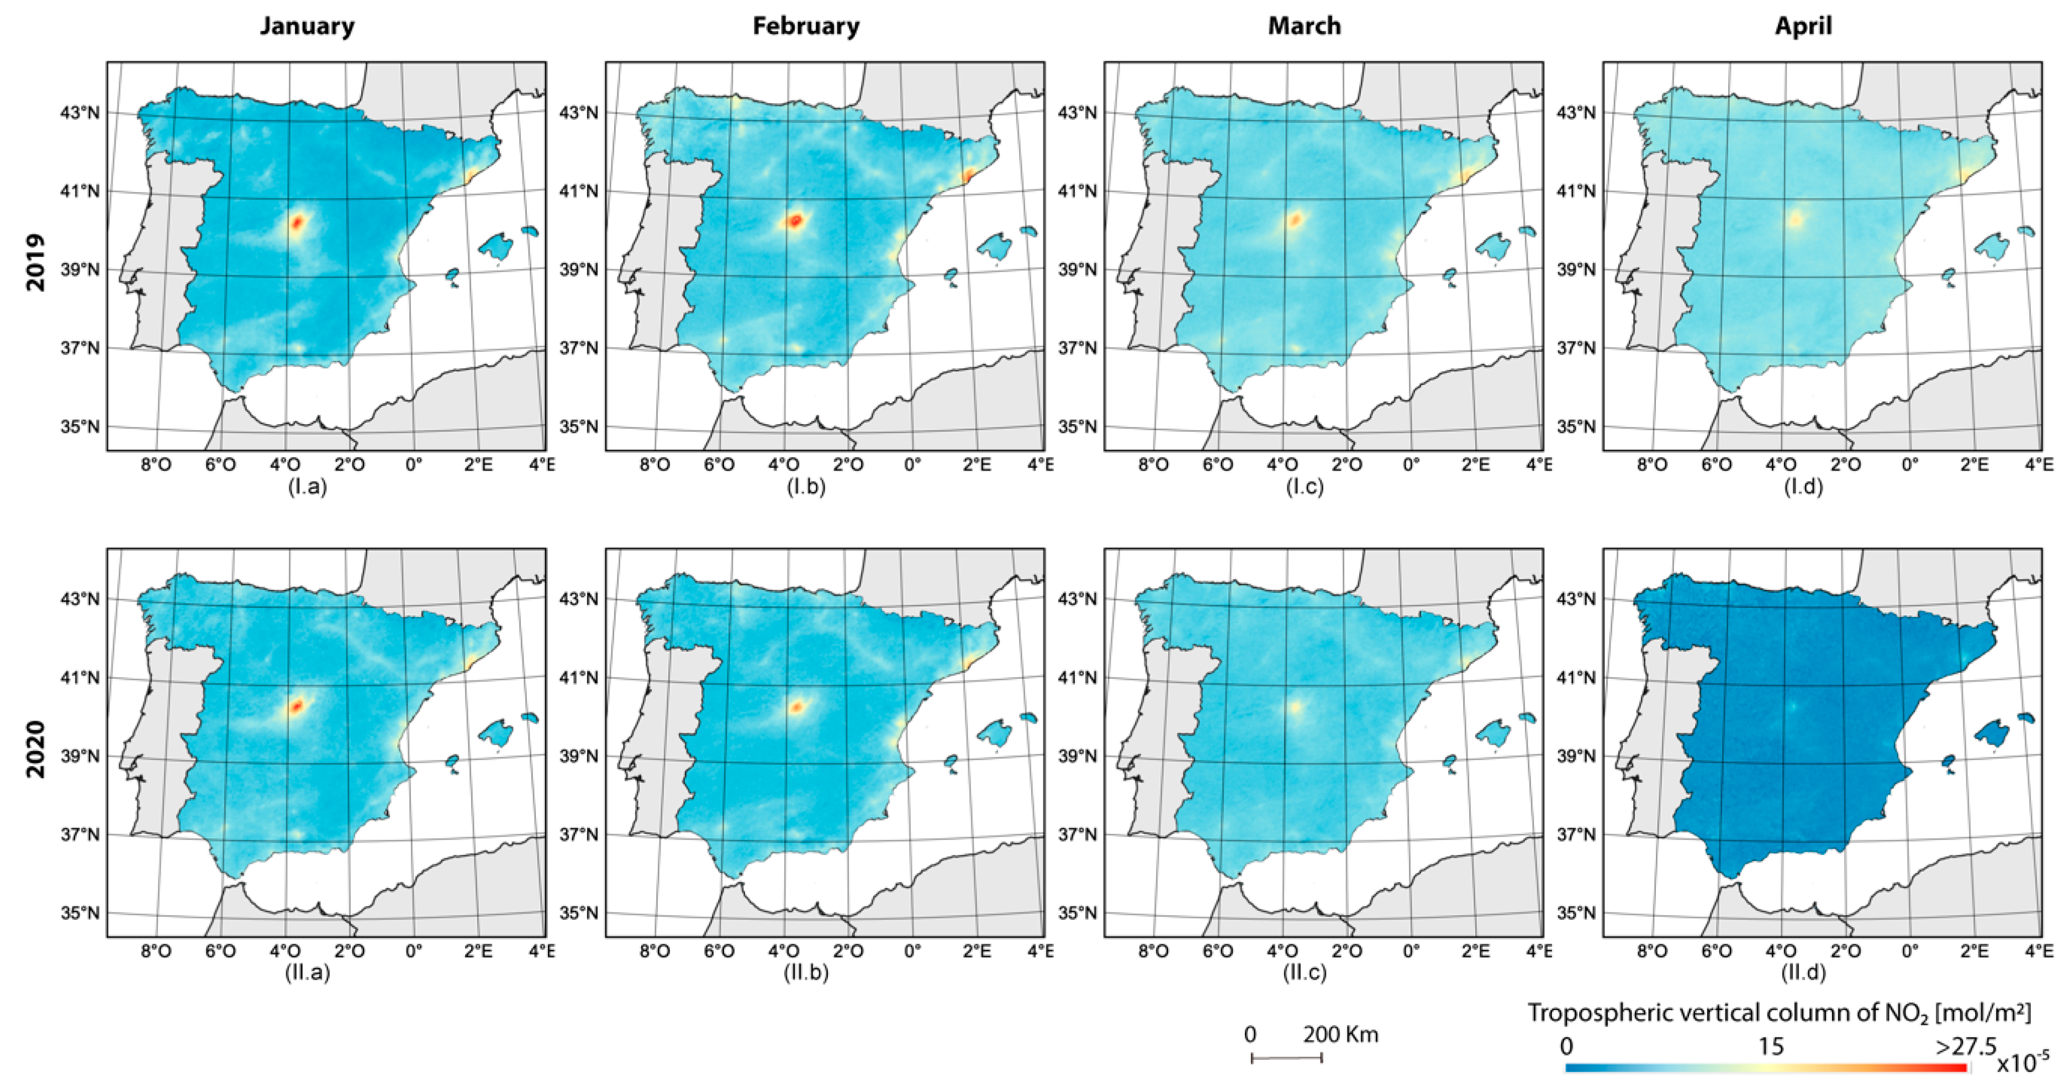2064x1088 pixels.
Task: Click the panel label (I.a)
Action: tap(308, 487)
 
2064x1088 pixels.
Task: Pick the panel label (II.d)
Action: tap(1803, 973)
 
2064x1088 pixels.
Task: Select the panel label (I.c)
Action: tap(1305, 487)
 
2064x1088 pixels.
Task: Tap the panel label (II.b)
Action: tap(806, 973)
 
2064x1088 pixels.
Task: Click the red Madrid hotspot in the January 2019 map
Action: tap(297, 222)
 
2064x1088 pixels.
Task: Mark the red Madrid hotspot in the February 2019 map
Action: tap(795, 220)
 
